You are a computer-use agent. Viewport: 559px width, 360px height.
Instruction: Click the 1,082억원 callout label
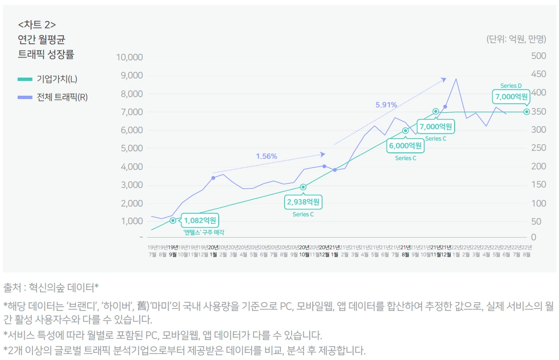[x=200, y=220]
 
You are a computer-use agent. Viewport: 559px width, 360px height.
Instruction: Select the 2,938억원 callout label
[x=304, y=202]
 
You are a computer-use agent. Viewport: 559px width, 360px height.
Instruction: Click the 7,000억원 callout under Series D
[x=511, y=97]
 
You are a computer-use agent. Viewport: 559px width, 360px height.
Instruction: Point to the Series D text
[x=511, y=86]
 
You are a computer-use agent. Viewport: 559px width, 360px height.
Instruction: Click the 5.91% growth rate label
[x=386, y=104]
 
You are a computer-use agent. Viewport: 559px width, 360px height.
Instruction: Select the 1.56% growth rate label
[x=266, y=156]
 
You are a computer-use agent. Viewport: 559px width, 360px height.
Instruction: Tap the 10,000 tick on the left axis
[x=130, y=57]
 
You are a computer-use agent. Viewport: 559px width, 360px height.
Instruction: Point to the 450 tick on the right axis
[x=539, y=75]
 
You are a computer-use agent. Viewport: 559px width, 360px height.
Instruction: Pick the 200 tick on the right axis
[x=539, y=166]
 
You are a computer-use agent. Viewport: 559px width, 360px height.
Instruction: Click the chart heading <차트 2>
[x=37, y=25]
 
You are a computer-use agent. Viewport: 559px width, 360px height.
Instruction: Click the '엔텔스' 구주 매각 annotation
[x=203, y=232]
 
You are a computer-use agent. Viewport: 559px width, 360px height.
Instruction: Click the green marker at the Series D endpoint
[x=527, y=112]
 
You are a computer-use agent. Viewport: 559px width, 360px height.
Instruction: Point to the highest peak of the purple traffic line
[x=456, y=79]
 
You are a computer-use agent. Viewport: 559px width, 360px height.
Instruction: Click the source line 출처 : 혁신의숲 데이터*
[x=51, y=287]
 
